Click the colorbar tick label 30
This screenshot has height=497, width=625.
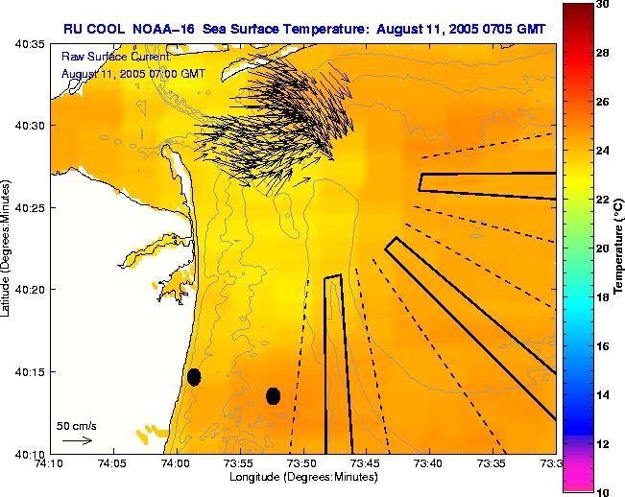[602, 5]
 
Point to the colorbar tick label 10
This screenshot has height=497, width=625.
[602, 491]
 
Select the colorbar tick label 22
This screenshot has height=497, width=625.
[602, 200]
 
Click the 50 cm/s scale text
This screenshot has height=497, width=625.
[77, 425]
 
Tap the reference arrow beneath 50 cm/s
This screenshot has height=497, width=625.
[77, 440]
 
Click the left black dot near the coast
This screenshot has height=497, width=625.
[194, 376]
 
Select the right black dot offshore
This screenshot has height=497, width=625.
[273, 395]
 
